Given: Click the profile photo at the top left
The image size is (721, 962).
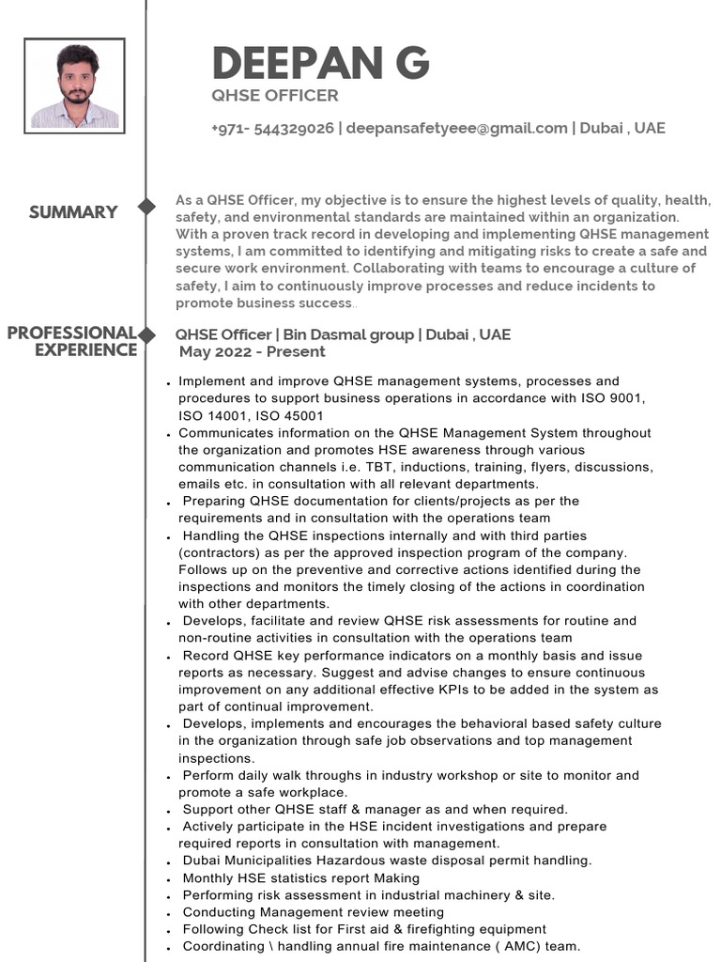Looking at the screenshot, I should point(74,85).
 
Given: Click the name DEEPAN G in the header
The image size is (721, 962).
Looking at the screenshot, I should point(320,63).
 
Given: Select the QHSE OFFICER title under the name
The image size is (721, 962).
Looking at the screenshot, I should point(275,96).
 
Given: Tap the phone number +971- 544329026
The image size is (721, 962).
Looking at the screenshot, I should point(272,128).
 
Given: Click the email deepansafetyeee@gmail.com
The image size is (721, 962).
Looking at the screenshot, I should point(456,128).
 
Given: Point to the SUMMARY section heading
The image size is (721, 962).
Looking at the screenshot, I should point(73,212).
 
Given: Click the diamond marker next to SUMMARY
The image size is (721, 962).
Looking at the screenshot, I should point(146,207).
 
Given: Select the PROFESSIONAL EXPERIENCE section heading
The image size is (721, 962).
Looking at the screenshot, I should point(71,342).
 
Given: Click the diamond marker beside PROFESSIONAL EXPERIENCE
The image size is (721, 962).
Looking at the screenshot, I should point(146,334).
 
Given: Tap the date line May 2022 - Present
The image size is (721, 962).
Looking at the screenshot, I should point(252,352).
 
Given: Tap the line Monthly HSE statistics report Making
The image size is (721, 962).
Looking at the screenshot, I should point(300,878).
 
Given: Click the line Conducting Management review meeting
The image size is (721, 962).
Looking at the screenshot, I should point(313,912).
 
